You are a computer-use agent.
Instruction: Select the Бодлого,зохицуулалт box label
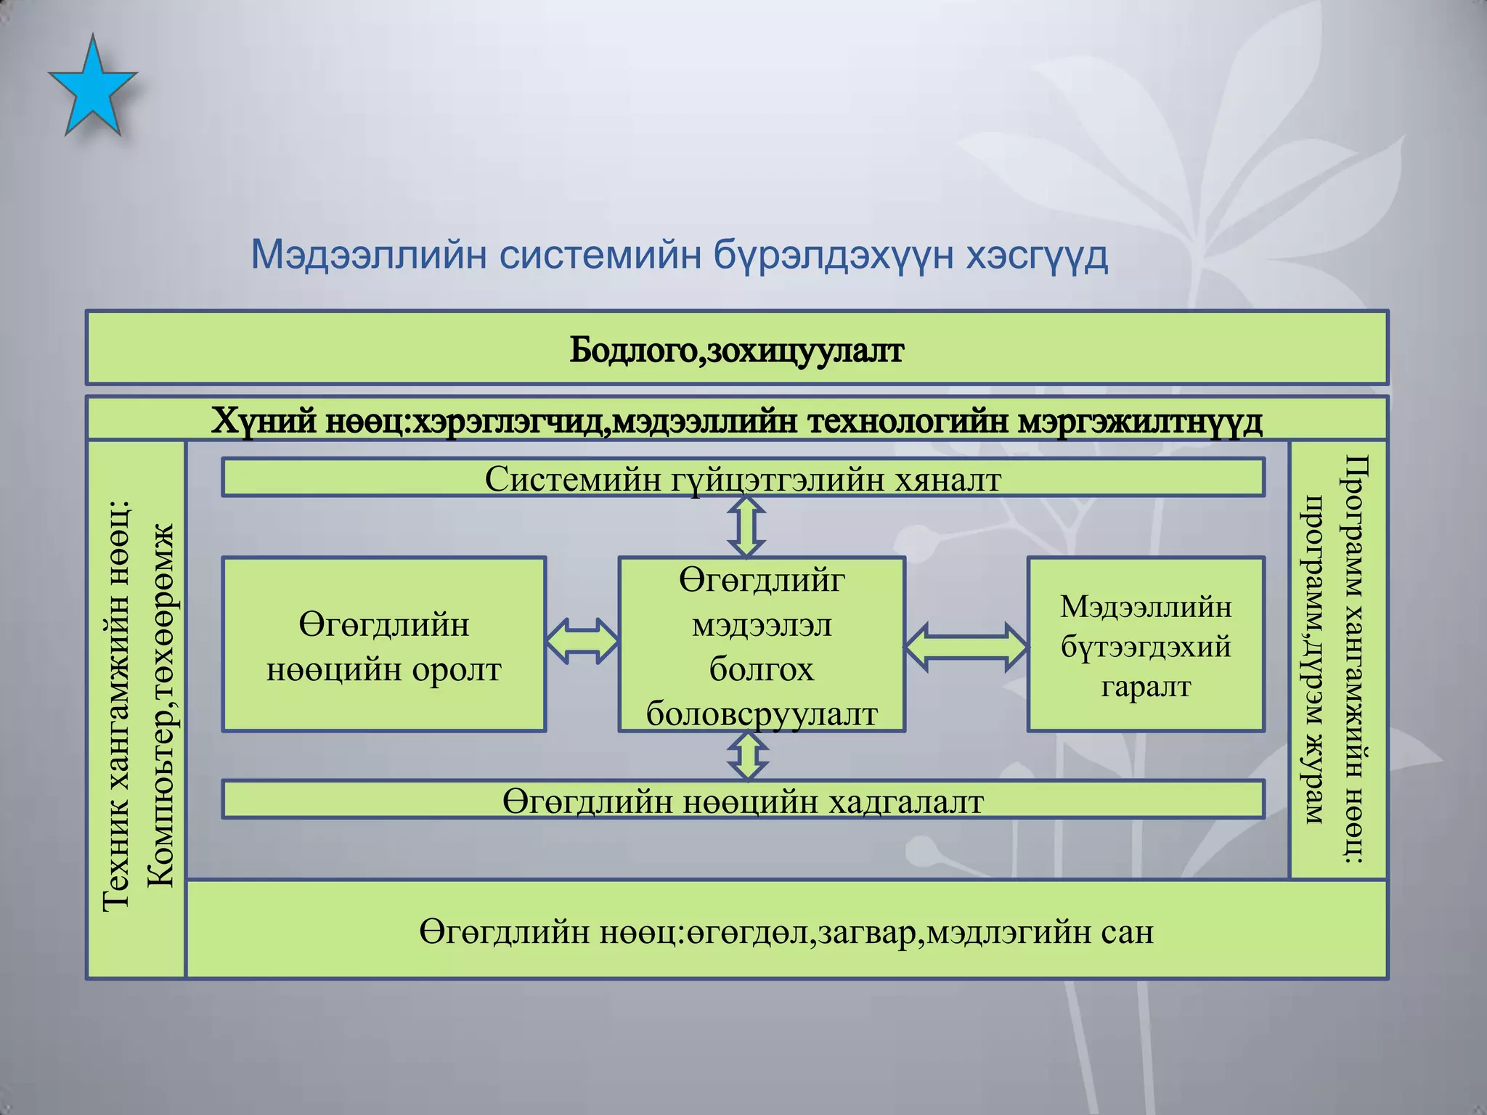coord(736,351)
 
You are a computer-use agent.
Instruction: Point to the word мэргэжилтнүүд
coord(1140,421)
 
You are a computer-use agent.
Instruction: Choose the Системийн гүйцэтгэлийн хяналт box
coord(743,479)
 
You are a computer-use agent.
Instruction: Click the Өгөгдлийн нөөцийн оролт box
coord(383,645)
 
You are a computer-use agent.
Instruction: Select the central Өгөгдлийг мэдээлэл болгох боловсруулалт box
coord(762,645)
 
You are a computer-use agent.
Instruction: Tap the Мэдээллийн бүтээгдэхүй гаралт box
coord(1146,645)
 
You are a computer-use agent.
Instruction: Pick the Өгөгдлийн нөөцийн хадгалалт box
coord(743,801)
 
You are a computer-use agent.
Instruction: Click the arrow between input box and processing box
coord(582,641)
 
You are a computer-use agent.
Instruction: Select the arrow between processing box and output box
coord(966,647)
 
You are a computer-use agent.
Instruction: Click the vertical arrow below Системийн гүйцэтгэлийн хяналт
coord(747,527)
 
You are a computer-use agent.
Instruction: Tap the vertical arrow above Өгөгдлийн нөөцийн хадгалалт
coord(747,756)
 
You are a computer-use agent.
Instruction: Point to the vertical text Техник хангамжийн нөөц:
coord(116,704)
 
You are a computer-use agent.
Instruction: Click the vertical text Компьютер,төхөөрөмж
coord(160,704)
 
